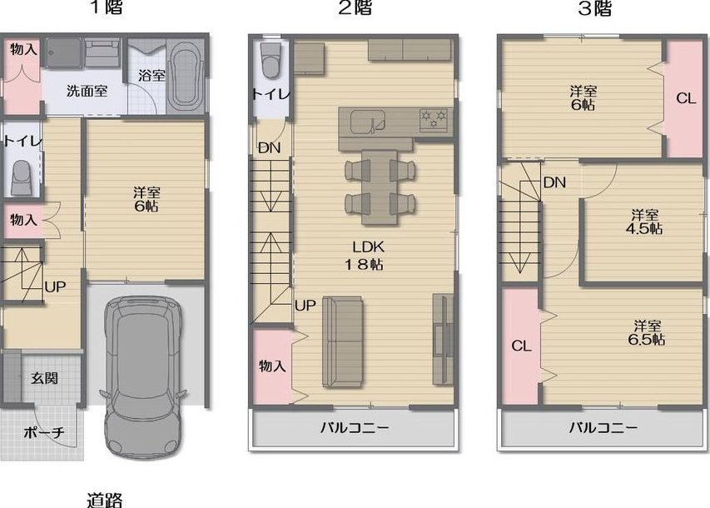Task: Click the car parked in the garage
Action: (x=144, y=377)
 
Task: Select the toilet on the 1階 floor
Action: (x=22, y=178)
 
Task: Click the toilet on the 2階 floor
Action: (x=271, y=60)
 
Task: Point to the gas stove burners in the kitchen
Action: (x=434, y=119)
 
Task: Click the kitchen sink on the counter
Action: (x=368, y=121)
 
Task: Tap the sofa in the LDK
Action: (x=342, y=341)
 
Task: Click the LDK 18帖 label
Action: (x=368, y=256)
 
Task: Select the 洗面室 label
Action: (x=87, y=91)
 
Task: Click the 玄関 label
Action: (x=44, y=378)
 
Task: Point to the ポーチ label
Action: (x=44, y=433)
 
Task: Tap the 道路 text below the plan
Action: (x=104, y=500)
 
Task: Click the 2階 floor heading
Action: (x=355, y=7)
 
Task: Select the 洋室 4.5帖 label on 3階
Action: (x=644, y=222)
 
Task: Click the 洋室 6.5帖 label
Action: (x=647, y=332)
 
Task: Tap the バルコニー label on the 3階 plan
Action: (x=603, y=427)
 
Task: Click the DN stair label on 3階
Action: (x=554, y=182)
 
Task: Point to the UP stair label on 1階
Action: (x=55, y=286)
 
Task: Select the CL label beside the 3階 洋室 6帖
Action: (x=686, y=98)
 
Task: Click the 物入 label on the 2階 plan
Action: (x=272, y=366)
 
